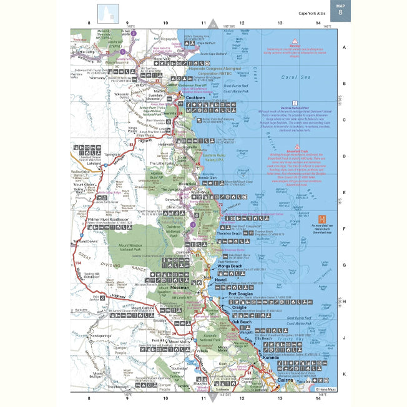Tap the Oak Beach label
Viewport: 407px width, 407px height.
coord(243,321)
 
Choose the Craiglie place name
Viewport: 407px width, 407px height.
coord(240,307)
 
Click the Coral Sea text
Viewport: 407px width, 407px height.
coord(298,78)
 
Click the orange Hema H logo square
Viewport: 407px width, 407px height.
coord(322,218)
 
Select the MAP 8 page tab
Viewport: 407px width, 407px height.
coord(340,10)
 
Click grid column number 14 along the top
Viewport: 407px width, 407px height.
coord(318,23)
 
